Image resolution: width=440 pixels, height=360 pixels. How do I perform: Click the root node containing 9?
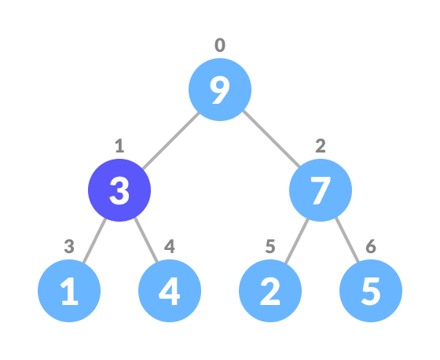pyautogui.click(x=220, y=90)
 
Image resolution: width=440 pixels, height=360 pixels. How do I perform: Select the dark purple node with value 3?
pyautogui.click(x=119, y=190)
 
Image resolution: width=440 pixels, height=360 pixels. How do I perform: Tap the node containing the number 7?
pyautogui.click(x=321, y=190)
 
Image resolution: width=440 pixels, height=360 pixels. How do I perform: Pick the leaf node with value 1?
pyautogui.click(x=69, y=291)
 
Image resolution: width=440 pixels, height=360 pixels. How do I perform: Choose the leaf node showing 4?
pyautogui.click(x=170, y=291)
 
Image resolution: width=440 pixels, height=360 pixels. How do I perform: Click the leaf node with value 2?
pyautogui.click(x=270, y=291)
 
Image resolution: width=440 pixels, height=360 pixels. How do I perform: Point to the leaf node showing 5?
pyautogui.click(x=371, y=291)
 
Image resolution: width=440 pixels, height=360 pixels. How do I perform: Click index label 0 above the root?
pyautogui.click(x=220, y=46)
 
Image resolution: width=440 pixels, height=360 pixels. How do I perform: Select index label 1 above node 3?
pyautogui.click(x=119, y=146)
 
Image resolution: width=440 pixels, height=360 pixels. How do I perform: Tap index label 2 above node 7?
pyautogui.click(x=321, y=146)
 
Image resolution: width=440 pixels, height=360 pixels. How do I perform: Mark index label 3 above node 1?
pyautogui.click(x=69, y=247)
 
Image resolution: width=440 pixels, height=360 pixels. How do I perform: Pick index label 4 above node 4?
pyautogui.click(x=170, y=247)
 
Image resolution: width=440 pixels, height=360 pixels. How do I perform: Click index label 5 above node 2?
pyautogui.click(x=270, y=247)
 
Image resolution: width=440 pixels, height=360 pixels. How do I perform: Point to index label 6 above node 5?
pyautogui.click(x=371, y=247)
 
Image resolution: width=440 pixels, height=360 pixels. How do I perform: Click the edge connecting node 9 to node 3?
pyautogui.click(x=170, y=140)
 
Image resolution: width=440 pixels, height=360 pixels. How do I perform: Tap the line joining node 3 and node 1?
pyautogui.click(x=94, y=241)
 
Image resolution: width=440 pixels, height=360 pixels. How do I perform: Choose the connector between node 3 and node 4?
pyautogui.click(x=145, y=241)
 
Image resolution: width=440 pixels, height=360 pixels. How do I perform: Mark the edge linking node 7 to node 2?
pyautogui.click(x=295, y=241)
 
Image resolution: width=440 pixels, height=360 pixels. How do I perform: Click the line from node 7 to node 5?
pyautogui.click(x=346, y=241)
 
